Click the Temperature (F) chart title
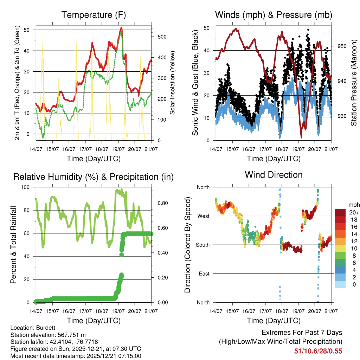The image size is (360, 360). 94,15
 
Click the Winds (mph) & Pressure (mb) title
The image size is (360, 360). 274,15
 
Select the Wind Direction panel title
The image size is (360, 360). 274,175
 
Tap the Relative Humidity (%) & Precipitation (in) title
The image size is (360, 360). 94,177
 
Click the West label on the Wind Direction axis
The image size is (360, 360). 203,216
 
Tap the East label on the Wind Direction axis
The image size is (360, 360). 204,274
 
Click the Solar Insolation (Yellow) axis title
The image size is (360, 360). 173,83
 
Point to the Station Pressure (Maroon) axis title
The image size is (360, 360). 354,83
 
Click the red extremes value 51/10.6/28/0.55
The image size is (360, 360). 318,351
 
